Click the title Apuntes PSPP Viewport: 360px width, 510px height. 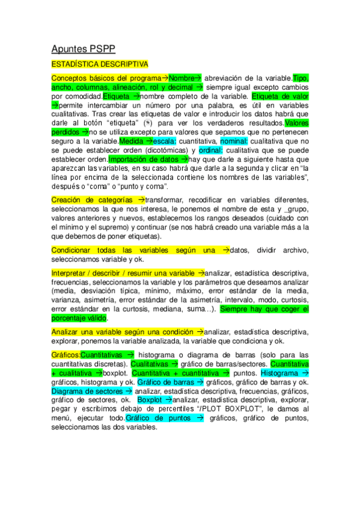83,49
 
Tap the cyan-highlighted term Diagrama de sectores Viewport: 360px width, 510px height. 87,391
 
